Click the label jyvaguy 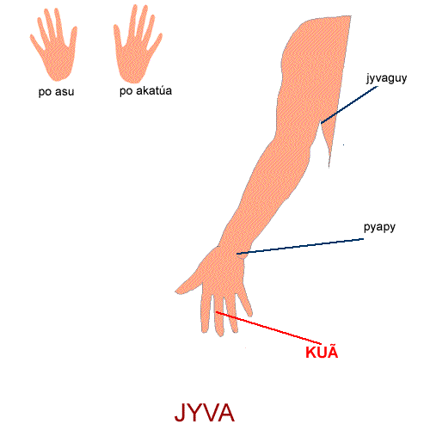pyautogui.click(x=386, y=78)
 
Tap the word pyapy pyautogui.click(x=379, y=227)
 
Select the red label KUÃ pyautogui.click(x=322, y=352)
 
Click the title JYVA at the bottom pyautogui.click(x=205, y=413)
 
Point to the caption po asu pyautogui.click(x=56, y=92)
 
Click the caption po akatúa pyautogui.click(x=145, y=91)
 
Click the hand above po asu pyautogui.click(x=54, y=45)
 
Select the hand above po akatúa pyautogui.click(x=137, y=44)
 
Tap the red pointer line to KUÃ pyautogui.click(x=268, y=328)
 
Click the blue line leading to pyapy pyautogui.click(x=300, y=246)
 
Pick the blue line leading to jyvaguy pyautogui.click(x=349, y=105)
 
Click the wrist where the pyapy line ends pyautogui.click(x=237, y=254)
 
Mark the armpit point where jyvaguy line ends pyautogui.click(x=321, y=123)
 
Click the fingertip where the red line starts pyautogui.click(x=217, y=312)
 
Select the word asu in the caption pyautogui.click(x=64, y=92)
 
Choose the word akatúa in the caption pyautogui.click(x=154, y=90)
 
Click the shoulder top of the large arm pyautogui.click(x=329, y=19)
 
